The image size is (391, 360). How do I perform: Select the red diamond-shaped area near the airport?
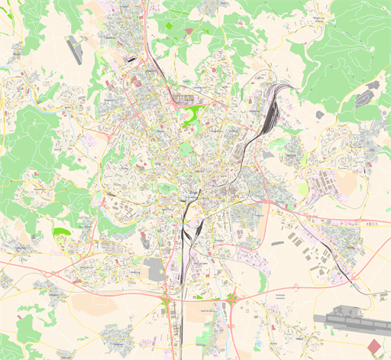[373, 346]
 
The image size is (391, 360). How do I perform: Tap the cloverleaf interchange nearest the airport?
[231, 299]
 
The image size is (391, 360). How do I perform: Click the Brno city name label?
[188, 198]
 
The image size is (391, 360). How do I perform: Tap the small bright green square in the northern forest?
[189, 31]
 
